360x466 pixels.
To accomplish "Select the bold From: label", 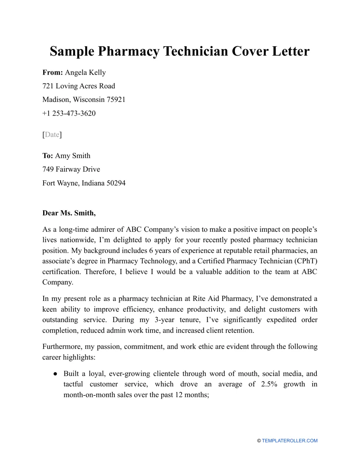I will [x=53, y=72].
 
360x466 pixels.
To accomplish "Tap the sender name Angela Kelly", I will [x=85, y=72].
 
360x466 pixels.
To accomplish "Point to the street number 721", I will [x=48, y=86].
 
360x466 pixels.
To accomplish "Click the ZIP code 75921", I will [x=116, y=100].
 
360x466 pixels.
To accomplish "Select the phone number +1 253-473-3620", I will [x=69, y=113].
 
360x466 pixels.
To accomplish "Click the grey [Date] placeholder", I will [x=52, y=134].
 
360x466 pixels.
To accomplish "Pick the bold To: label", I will [x=48, y=156].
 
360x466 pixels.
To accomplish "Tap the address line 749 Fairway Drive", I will [x=71, y=169].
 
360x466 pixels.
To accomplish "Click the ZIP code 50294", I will [x=116, y=183].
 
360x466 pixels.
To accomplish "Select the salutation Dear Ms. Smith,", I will [x=69, y=213].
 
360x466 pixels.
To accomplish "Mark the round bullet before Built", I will [x=55, y=374].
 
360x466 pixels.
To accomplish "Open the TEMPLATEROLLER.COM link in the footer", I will [x=290, y=441].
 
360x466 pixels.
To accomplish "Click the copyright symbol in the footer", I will [x=259, y=441].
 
